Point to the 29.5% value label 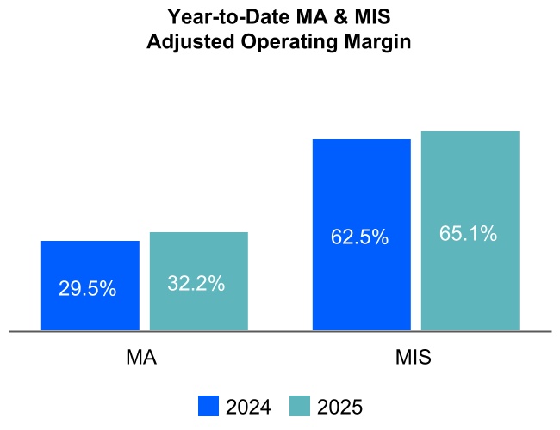pyautogui.click(x=88, y=289)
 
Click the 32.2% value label pyautogui.click(x=196, y=284)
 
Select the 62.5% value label pyautogui.click(x=359, y=237)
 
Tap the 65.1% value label pyautogui.click(x=468, y=233)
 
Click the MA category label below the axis pyautogui.click(x=141, y=358)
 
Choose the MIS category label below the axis pyautogui.click(x=415, y=358)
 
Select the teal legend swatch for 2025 pyautogui.click(x=300, y=407)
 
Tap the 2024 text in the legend pyautogui.click(x=248, y=408)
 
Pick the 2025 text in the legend pyautogui.click(x=339, y=408)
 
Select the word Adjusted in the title pyautogui.click(x=185, y=41)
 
